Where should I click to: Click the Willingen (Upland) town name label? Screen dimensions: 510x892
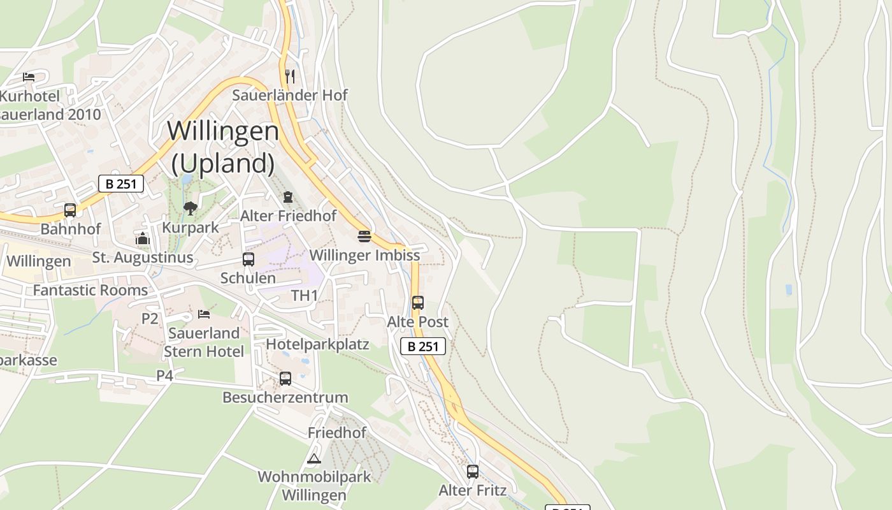[223, 147]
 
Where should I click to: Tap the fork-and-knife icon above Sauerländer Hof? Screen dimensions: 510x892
[290, 76]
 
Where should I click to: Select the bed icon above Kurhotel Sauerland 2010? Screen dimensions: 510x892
[29, 76]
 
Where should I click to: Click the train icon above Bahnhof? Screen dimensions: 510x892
[70, 210]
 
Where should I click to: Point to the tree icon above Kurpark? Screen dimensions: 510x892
[190, 208]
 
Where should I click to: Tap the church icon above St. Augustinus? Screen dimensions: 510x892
[143, 239]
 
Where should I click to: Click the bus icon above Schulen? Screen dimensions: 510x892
[248, 259]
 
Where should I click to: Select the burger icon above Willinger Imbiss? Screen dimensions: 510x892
[364, 237]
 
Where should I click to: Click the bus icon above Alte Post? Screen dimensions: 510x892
[418, 303]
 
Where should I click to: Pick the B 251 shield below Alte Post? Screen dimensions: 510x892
[423, 346]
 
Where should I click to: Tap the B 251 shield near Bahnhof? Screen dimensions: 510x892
[121, 184]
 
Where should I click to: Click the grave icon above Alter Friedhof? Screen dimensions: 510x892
[288, 197]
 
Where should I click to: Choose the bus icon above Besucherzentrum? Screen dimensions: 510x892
[285, 379]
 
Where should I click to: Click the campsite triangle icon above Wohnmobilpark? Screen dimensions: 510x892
[313, 458]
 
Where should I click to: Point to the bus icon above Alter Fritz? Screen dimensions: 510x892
[473, 472]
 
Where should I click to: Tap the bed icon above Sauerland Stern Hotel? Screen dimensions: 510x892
[204, 314]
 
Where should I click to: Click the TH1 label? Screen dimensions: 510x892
[305, 296]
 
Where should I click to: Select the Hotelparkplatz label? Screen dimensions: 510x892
[317, 344]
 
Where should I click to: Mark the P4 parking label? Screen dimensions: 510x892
[165, 375]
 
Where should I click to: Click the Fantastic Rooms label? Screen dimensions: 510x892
[90, 290]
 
